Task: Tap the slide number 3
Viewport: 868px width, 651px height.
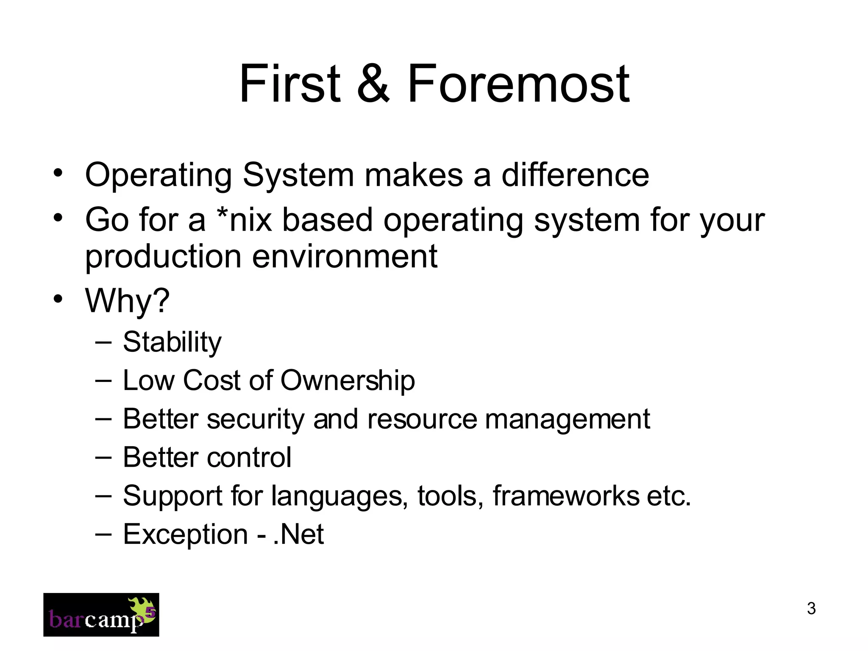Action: pos(811,608)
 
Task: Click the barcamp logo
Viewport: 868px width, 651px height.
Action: pos(101,615)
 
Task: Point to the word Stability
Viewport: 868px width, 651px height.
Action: pos(172,342)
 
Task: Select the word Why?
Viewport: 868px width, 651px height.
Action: pos(128,300)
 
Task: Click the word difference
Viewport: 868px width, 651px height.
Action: pos(575,175)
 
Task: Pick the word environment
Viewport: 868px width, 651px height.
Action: pos(345,256)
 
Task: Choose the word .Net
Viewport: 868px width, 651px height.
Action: pos(299,534)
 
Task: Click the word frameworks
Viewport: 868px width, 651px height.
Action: pos(566,495)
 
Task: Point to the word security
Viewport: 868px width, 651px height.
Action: pos(256,419)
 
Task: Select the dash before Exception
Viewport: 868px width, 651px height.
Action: pos(103,534)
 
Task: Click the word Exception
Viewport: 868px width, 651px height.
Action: pos(185,534)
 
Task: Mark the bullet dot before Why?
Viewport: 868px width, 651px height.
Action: pos(58,299)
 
